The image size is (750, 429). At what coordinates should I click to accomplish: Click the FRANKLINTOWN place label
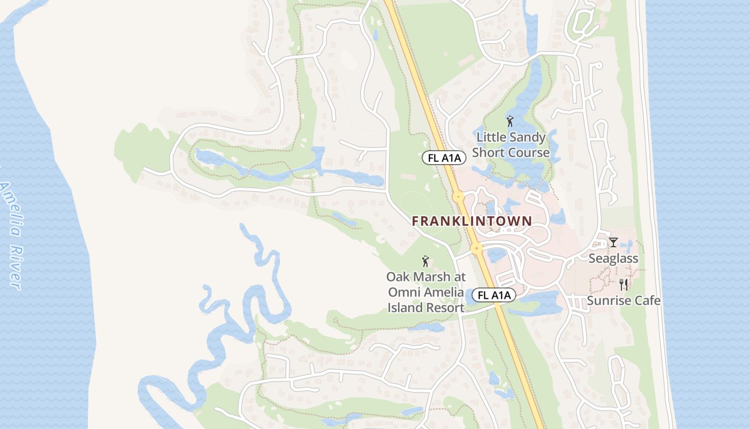tap(472, 221)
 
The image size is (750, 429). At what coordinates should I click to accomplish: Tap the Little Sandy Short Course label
tap(511, 145)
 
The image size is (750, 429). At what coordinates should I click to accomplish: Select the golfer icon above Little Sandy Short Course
tap(509, 122)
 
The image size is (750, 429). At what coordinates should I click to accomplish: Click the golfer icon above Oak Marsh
tap(425, 262)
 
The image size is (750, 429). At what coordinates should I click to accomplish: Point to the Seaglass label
tap(613, 258)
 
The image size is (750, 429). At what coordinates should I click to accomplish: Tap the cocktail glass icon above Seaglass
tap(613, 242)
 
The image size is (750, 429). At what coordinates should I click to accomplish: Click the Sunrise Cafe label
tap(623, 300)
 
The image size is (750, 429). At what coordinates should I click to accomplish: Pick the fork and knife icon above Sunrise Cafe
tap(623, 284)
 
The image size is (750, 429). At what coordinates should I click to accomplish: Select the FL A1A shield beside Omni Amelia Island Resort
tap(494, 295)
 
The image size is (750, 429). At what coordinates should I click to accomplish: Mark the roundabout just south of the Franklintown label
tap(476, 248)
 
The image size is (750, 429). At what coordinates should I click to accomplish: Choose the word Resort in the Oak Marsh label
tap(446, 308)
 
